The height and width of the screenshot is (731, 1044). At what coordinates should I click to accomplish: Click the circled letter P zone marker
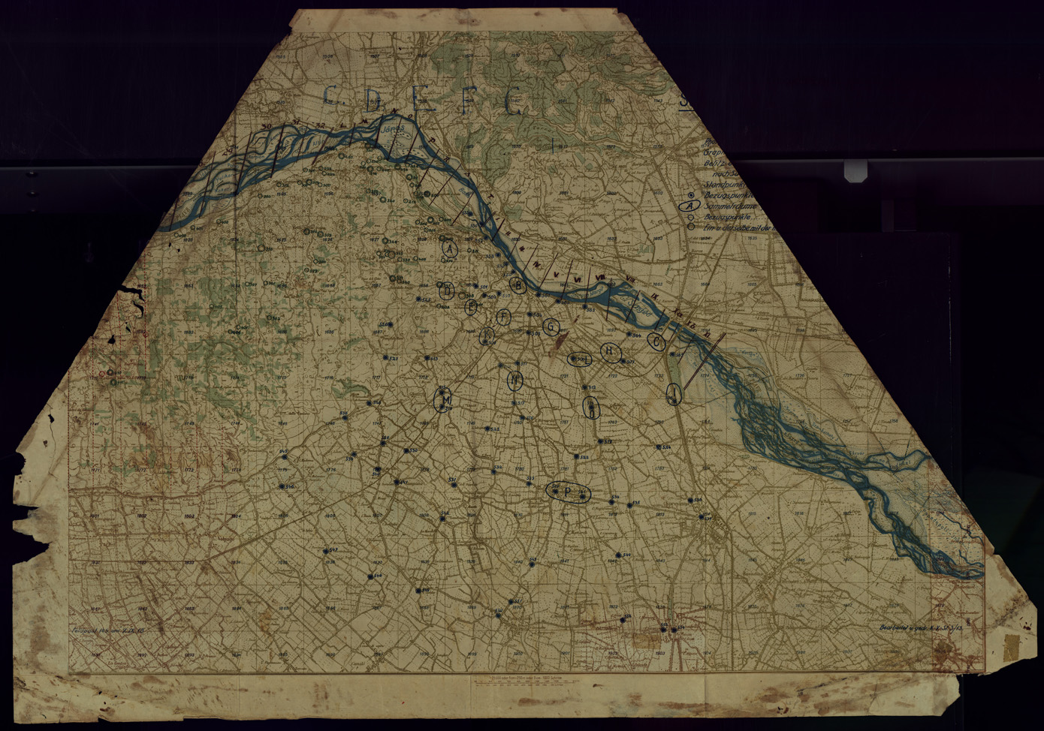(x=569, y=492)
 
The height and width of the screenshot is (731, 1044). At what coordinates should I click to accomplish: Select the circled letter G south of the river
(x=551, y=326)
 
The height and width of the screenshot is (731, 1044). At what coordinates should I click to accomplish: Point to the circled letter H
(x=611, y=351)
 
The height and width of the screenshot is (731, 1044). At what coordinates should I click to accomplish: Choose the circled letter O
(x=591, y=408)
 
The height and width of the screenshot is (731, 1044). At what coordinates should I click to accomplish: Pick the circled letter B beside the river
(x=517, y=284)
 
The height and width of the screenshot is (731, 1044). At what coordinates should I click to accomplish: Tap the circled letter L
(x=581, y=359)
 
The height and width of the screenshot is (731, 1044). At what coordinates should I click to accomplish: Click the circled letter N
(x=515, y=381)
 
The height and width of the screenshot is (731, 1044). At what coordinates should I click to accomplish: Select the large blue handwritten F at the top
(x=467, y=102)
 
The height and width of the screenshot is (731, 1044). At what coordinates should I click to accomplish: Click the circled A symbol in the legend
(x=690, y=205)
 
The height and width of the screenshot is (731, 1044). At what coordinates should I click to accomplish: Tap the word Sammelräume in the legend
(x=729, y=206)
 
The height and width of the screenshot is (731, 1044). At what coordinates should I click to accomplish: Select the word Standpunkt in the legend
(x=725, y=184)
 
